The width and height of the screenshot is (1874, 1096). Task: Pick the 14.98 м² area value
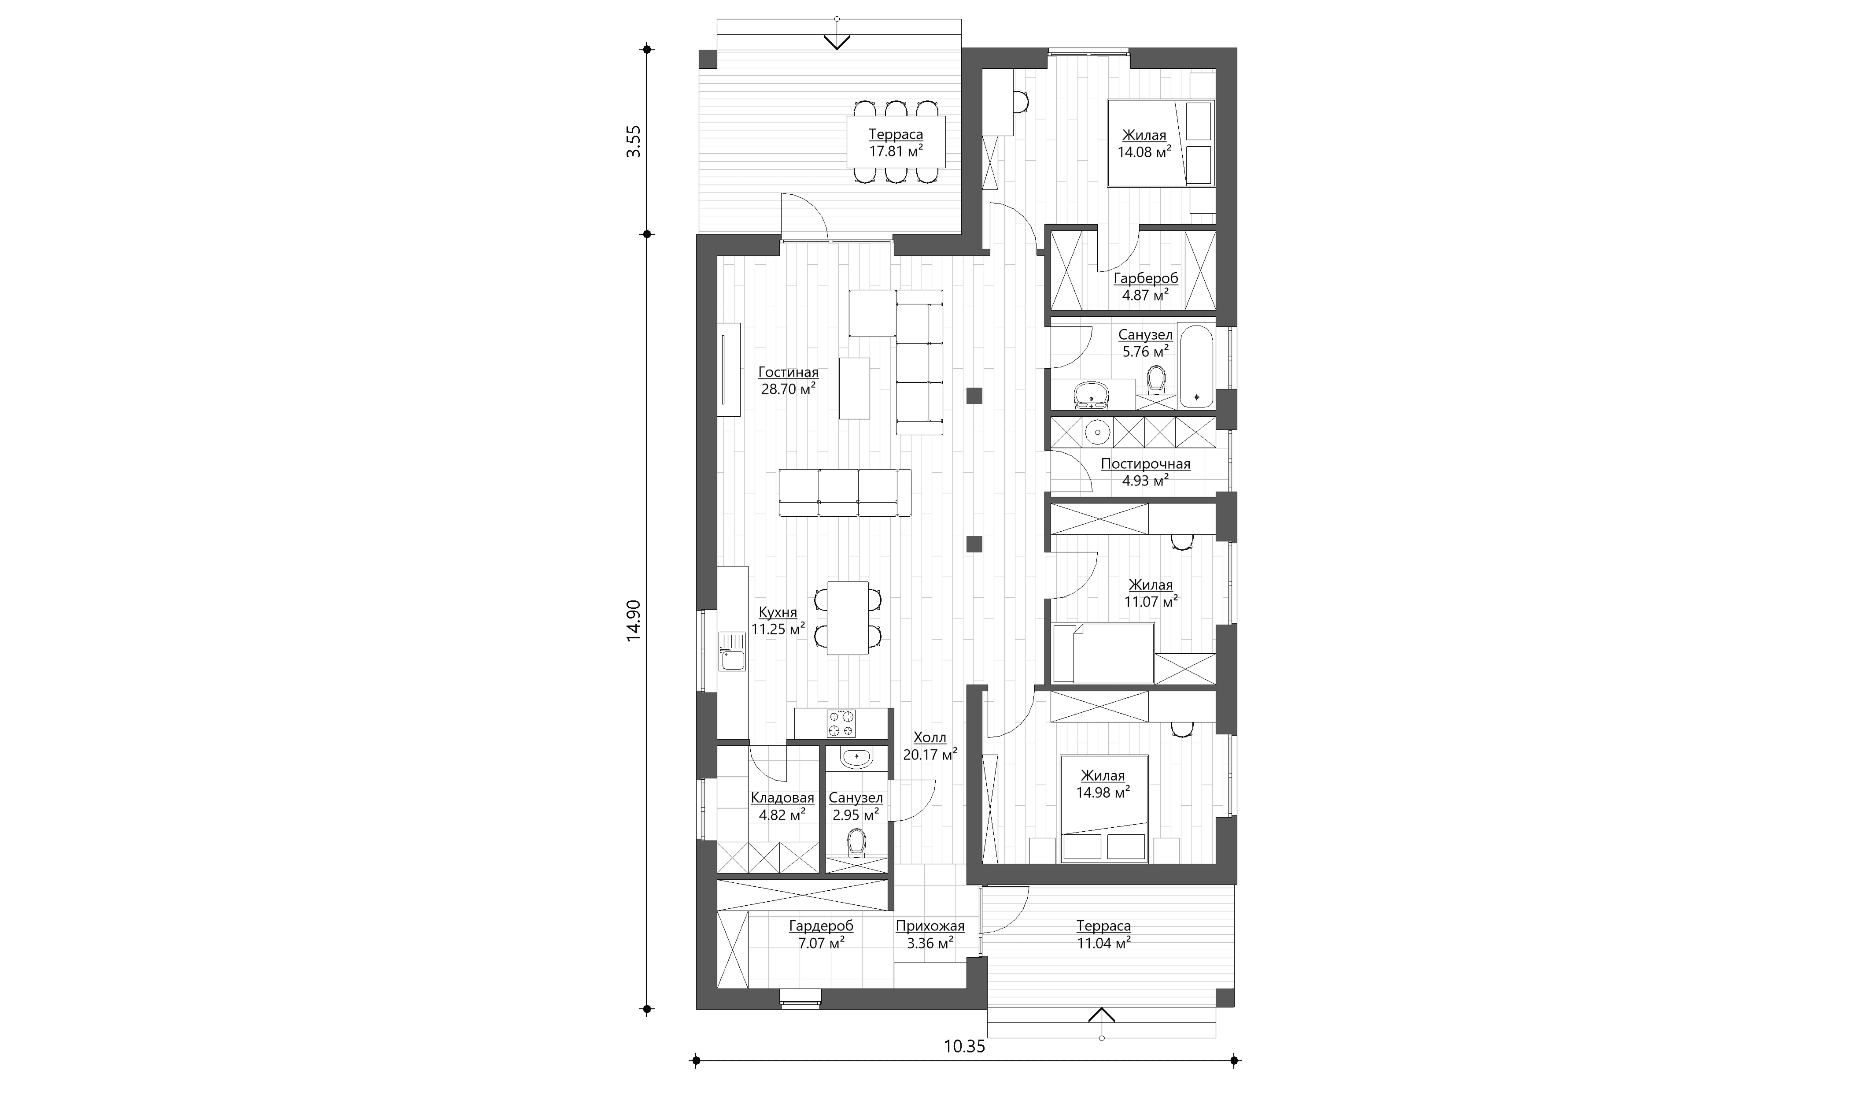click(x=1103, y=792)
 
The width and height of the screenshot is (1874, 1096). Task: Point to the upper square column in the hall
click(x=974, y=396)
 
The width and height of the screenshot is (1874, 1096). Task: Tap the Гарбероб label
click(x=1146, y=278)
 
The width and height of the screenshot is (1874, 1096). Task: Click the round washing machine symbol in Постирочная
click(x=1097, y=432)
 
